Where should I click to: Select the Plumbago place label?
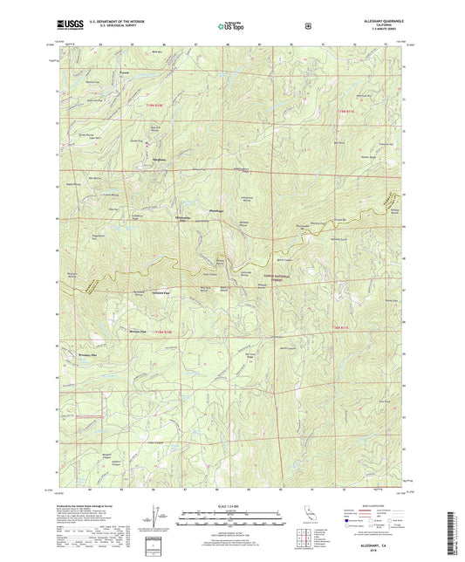pyautogui.click(x=216, y=210)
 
